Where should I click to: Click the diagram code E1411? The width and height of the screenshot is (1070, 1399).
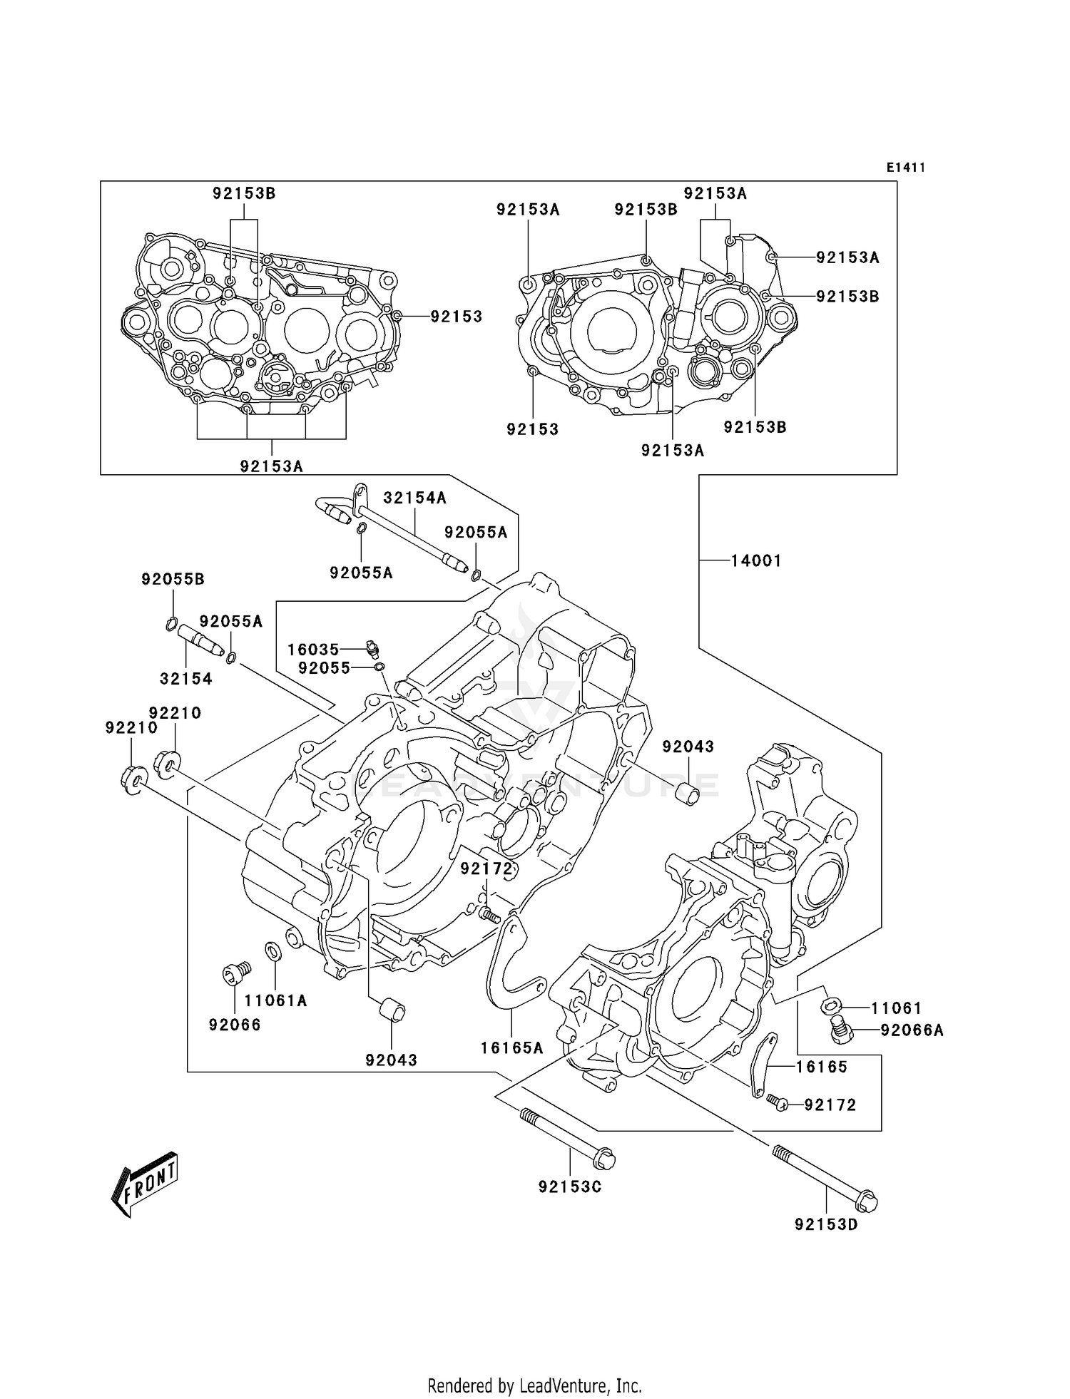(905, 168)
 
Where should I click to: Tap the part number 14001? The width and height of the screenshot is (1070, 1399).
(755, 561)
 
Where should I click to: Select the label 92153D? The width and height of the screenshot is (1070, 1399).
(826, 1225)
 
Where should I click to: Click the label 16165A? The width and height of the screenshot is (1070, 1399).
(511, 1047)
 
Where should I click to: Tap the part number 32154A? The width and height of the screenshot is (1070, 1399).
(414, 498)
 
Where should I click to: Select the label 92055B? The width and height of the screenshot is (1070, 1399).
(173, 580)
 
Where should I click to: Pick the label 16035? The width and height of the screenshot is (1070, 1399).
(313, 650)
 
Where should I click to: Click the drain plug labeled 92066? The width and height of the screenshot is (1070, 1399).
(233, 973)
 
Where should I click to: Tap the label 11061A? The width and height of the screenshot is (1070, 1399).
(275, 1001)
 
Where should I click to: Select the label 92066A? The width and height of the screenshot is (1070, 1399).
(912, 1030)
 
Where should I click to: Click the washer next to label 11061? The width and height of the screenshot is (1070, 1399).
(830, 1006)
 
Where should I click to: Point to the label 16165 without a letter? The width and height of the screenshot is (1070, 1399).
(822, 1067)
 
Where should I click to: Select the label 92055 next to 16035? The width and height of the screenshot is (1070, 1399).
(325, 668)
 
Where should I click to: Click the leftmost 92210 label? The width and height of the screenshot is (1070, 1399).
(131, 728)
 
